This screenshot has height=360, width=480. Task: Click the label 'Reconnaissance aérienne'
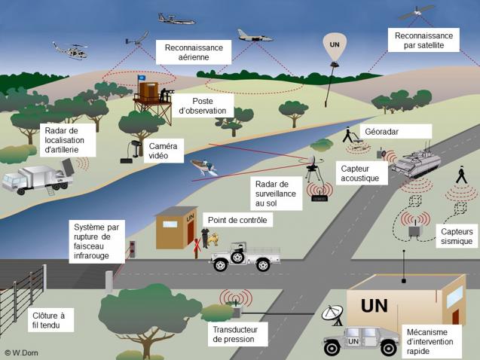point(194,53)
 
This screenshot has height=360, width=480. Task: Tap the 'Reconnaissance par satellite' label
point(424,40)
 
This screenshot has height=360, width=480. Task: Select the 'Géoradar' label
point(381,131)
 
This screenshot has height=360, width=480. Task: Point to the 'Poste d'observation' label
point(209,105)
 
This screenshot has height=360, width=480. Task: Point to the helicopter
point(69,50)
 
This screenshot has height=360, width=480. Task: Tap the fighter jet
point(254,35)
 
